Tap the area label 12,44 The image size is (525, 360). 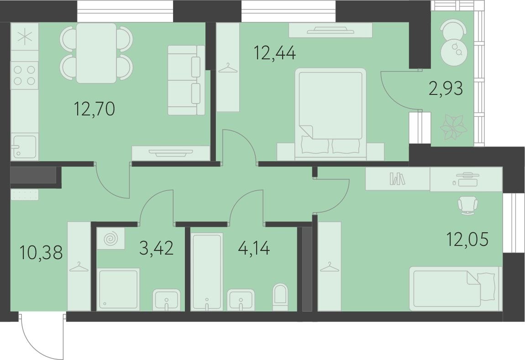(275, 53)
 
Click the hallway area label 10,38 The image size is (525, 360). (41, 252)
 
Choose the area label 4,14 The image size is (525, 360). (254, 249)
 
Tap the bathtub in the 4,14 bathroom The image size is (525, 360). (207, 271)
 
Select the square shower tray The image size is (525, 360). (118, 289)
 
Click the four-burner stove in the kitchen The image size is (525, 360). (24, 75)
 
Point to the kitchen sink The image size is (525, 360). (24, 147)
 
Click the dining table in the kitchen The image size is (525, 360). (96, 53)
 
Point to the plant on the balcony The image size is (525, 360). (453, 128)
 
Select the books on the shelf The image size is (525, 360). (397, 178)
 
